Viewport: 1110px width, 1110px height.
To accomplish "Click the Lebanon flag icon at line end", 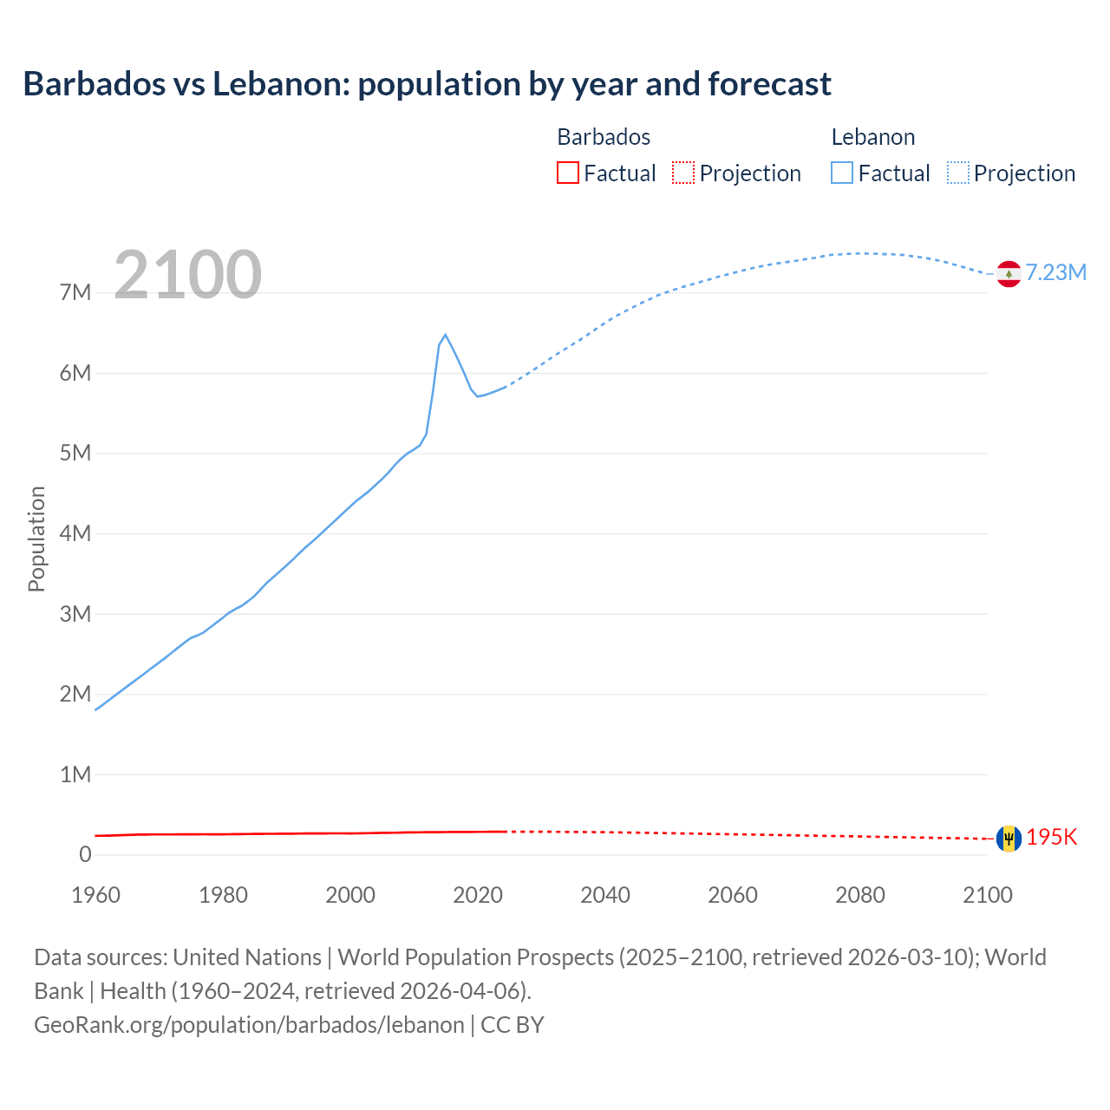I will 1009,274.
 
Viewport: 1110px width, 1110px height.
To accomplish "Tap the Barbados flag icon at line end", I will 1009,839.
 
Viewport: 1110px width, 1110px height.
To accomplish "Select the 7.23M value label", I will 1055,272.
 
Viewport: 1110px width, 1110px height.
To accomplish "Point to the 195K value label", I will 1051,837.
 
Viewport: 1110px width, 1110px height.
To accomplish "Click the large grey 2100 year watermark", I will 187,275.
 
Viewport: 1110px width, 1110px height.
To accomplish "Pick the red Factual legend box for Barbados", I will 567,173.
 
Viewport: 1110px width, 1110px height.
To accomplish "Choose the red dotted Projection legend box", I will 683,173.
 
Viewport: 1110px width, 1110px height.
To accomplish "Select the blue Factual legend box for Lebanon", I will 841,173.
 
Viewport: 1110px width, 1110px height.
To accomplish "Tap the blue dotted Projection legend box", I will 957,173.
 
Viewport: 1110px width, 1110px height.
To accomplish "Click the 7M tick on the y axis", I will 75,292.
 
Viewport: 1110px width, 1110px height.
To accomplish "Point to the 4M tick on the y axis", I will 75,533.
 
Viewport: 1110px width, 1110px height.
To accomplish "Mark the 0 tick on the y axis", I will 85,854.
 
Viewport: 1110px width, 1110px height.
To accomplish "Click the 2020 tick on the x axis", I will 478,895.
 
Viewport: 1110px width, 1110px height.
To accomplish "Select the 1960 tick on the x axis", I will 95,895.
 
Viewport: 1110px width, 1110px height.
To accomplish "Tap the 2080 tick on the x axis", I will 860,895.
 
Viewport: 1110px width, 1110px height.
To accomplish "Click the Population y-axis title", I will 36,539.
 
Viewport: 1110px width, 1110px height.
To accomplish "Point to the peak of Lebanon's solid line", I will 445,335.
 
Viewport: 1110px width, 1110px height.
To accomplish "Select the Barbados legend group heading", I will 604,137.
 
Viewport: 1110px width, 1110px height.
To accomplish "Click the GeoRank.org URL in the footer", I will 249,1024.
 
